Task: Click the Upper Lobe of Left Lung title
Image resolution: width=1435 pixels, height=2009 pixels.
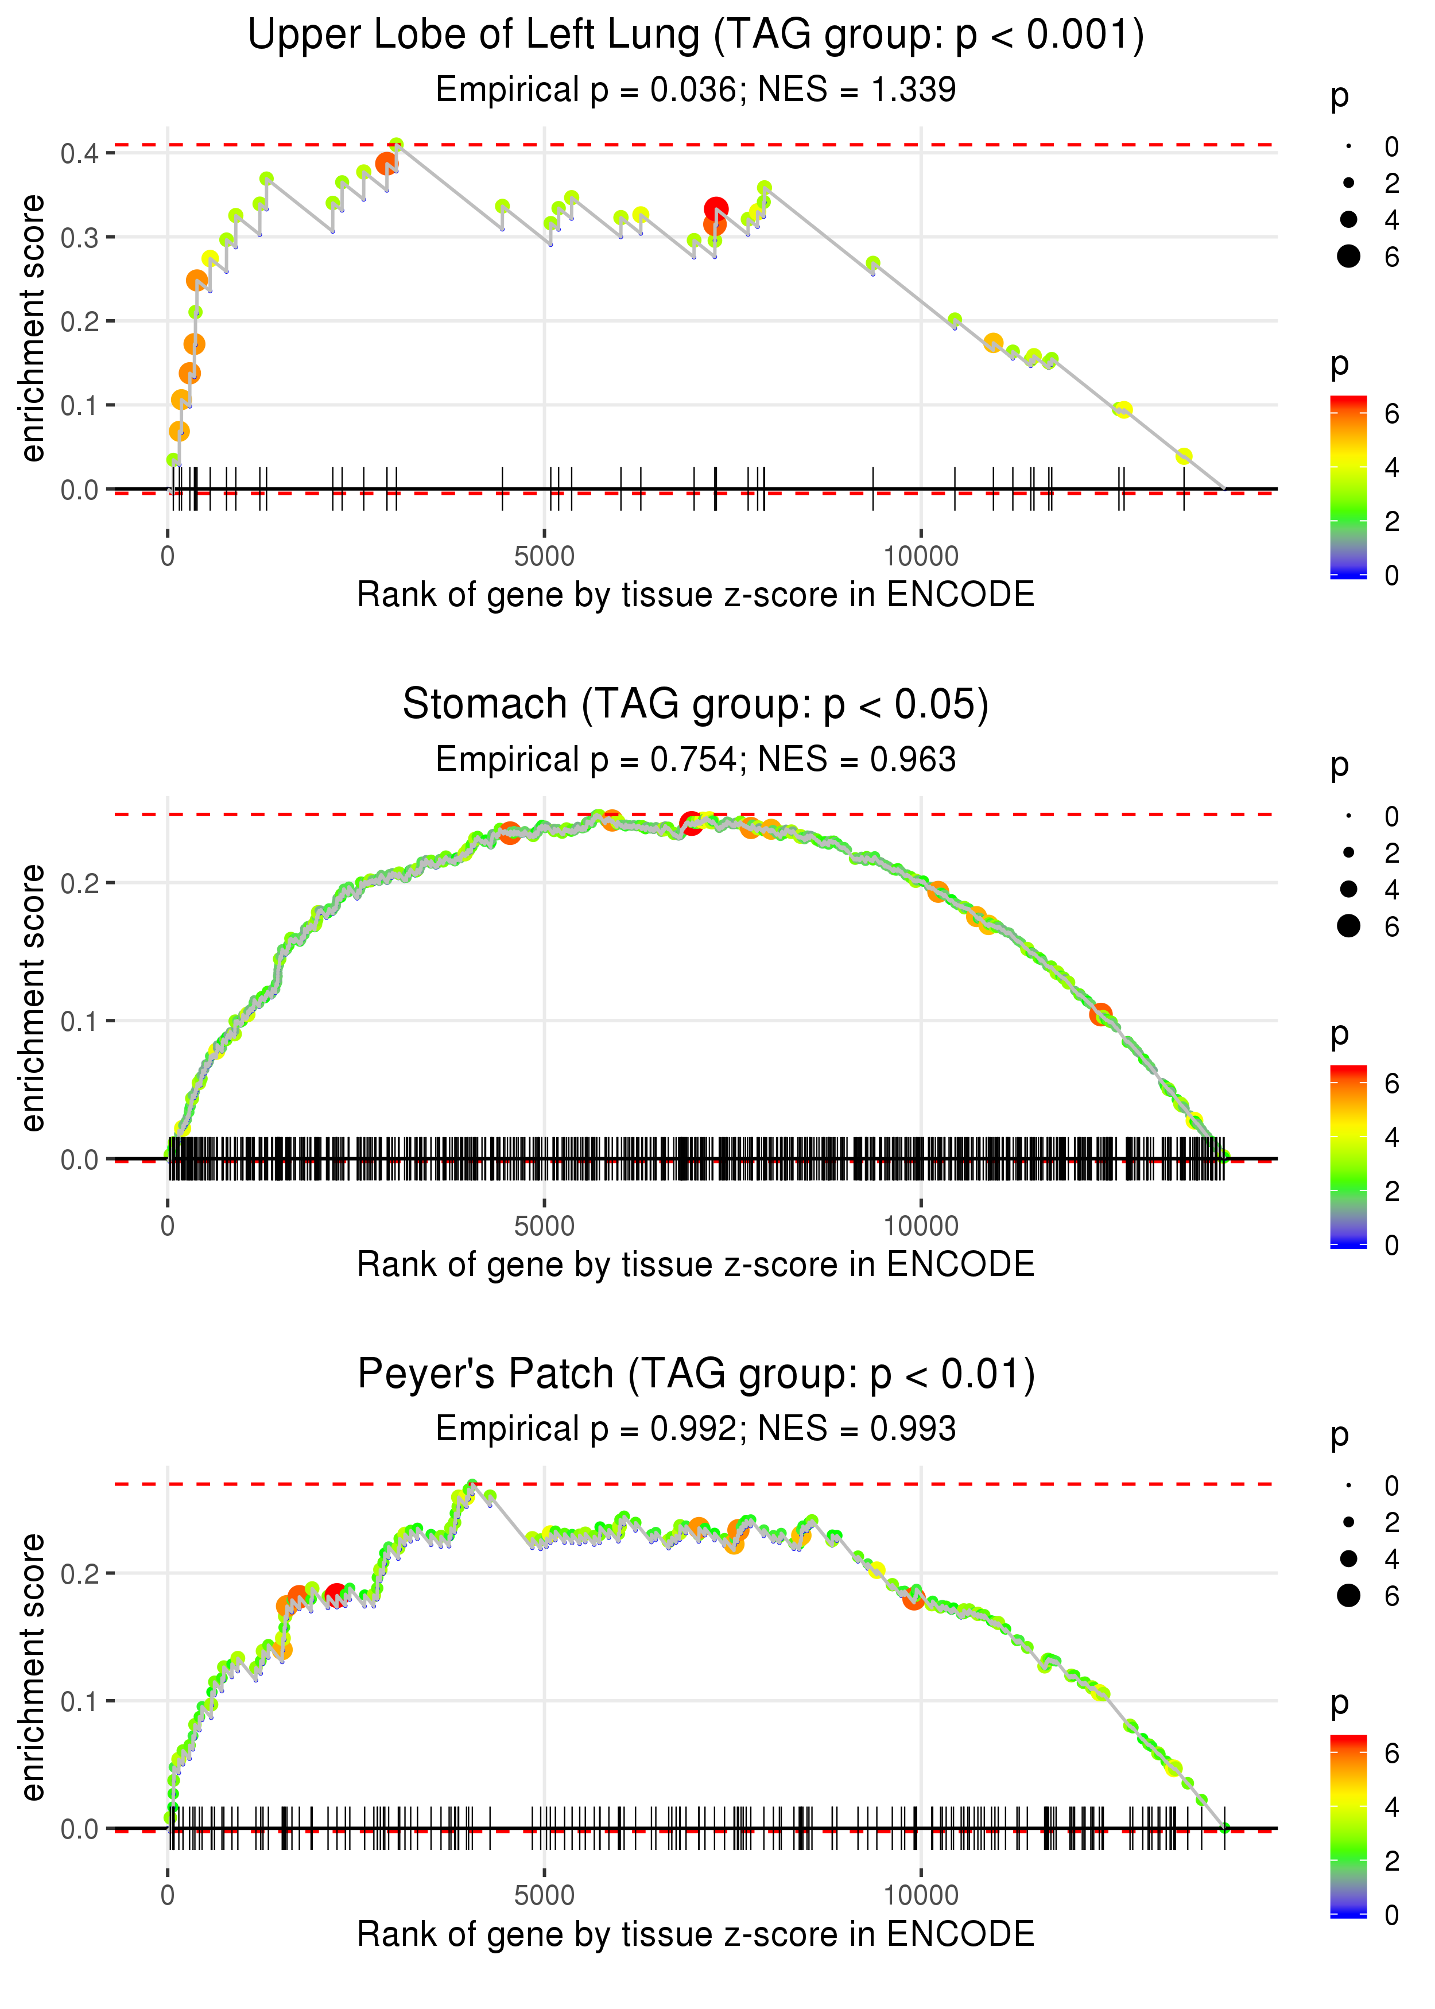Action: (696, 36)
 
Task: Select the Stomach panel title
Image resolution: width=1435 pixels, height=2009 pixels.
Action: (696, 705)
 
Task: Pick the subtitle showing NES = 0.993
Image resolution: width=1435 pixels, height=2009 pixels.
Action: (696, 1429)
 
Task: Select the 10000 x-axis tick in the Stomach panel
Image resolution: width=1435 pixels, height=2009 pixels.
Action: (921, 1226)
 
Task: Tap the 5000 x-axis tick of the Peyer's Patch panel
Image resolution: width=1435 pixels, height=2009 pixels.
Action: (544, 1896)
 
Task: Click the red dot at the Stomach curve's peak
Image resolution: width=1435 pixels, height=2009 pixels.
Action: (691, 823)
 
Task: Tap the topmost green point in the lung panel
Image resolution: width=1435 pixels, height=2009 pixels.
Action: (397, 144)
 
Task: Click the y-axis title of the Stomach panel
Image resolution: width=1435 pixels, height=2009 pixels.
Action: (33, 998)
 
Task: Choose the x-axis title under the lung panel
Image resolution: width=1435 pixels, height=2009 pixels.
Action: (696, 595)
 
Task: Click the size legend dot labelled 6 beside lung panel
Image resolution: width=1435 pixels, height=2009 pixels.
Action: (1348, 256)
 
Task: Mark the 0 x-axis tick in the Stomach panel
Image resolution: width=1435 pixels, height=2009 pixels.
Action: (168, 1226)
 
